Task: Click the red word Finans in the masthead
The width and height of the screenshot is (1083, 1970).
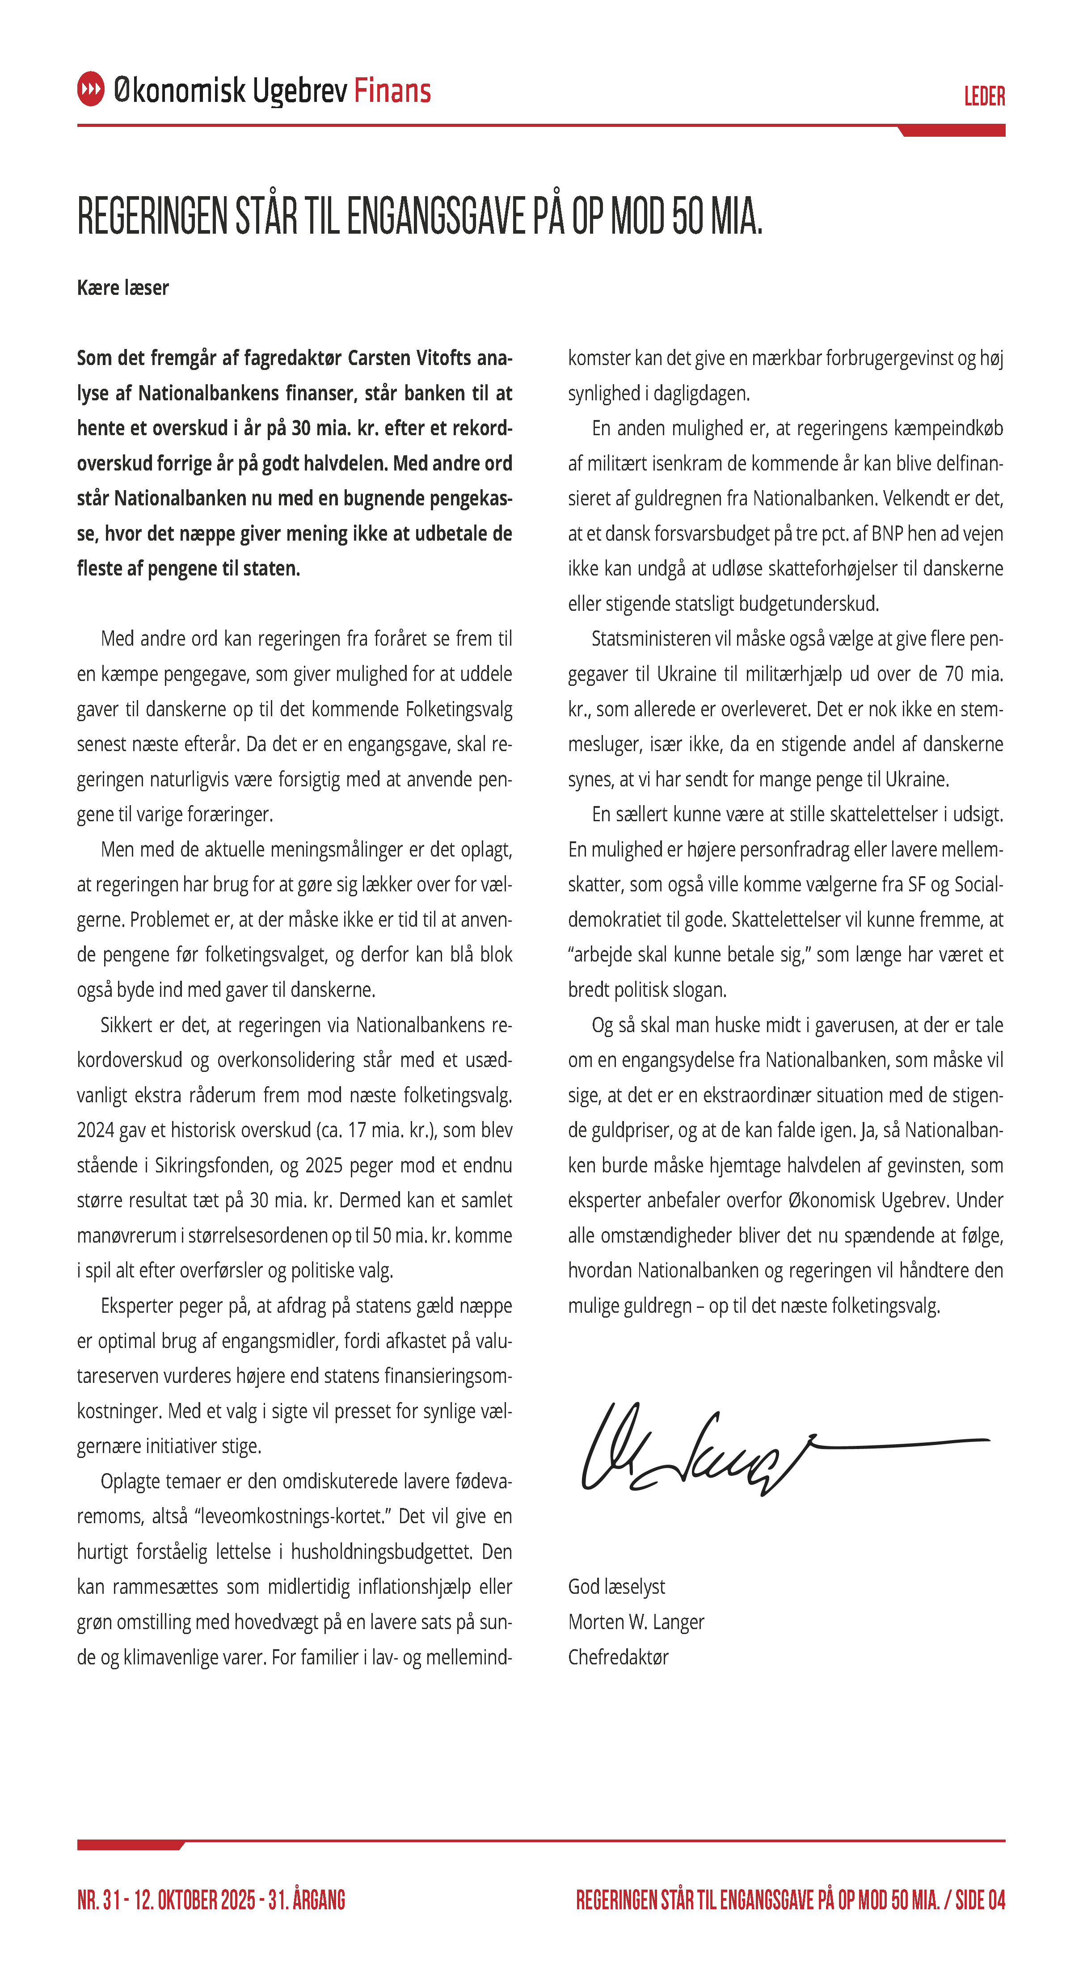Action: coord(392,91)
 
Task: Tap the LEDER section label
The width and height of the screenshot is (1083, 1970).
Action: coord(984,97)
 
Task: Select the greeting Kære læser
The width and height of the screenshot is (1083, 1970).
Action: coord(122,288)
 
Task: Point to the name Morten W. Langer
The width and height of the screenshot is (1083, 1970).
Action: coord(636,1621)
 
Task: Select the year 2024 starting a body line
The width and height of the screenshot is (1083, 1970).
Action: coord(97,1130)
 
